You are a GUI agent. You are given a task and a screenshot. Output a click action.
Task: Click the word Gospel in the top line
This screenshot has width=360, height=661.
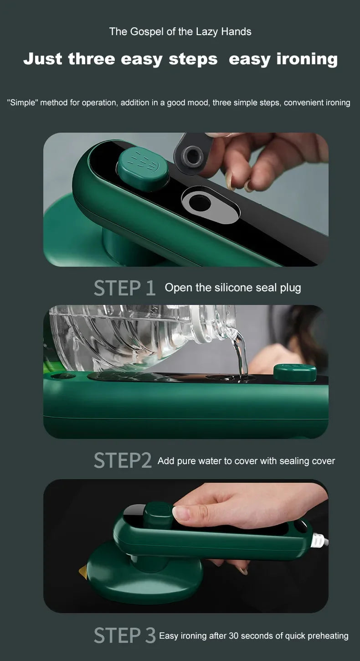click(x=147, y=32)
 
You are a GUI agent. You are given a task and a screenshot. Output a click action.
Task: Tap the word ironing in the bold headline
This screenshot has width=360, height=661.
click(x=307, y=59)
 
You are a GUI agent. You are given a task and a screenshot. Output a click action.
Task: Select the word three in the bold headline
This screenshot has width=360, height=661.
click(x=92, y=59)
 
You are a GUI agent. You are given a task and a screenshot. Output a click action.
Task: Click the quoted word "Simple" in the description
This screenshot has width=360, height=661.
click(x=23, y=103)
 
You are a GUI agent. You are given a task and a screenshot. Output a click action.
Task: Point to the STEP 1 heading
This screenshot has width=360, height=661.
click(x=124, y=288)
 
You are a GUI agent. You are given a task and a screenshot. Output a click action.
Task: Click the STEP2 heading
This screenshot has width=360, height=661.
click(x=123, y=460)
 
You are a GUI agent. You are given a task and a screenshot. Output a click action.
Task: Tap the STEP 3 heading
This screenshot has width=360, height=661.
click(x=124, y=635)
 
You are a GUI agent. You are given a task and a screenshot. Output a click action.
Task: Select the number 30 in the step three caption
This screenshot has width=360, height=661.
click(x=233, y=635)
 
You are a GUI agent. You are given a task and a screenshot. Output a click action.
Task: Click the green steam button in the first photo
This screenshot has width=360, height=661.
click(x=143, y=169)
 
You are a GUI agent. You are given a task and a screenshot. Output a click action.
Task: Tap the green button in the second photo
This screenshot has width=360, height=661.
click(x=295, y=373)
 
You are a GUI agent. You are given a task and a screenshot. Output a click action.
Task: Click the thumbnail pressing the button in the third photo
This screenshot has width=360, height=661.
click(x=181, y=513)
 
